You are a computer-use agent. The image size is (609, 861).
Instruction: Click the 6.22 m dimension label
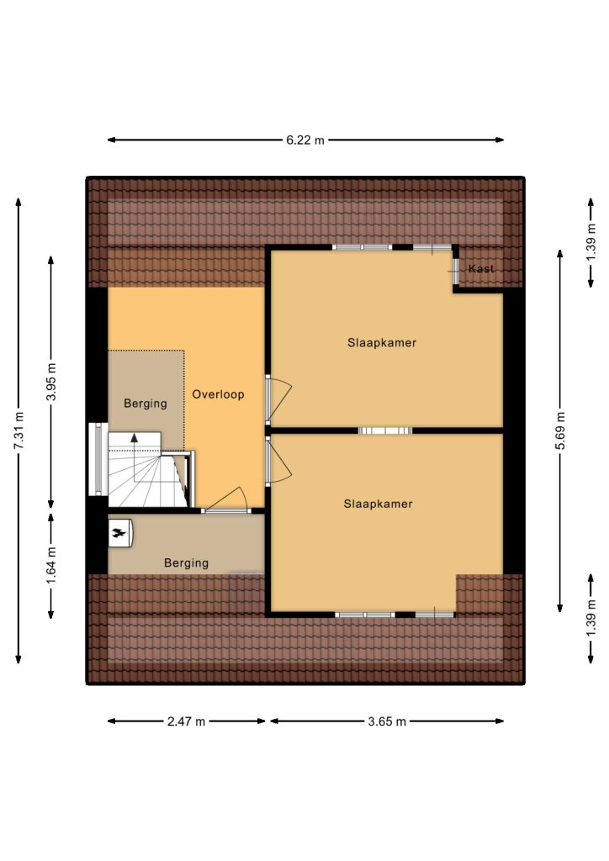click(305, 140)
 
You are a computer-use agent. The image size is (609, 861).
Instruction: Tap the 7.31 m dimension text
click(19, 430)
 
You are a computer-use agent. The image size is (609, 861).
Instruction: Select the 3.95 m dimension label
click(51, 382)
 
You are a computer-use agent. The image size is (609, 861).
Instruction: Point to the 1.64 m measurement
click(51, 567)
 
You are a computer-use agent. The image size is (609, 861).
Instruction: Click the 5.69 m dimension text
click(559, 430)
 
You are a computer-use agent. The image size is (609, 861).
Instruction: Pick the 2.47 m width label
click(186, 721)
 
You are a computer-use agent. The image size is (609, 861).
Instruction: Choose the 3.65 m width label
click(387, 721)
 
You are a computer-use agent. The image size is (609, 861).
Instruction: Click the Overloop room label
click(218, 394)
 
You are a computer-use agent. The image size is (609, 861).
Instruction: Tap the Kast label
click(481, 268)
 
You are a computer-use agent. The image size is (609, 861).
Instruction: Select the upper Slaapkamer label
click(382, 343)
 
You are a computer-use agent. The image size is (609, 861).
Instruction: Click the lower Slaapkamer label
click(378, 504)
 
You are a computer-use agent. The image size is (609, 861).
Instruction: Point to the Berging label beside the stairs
click(145, 404)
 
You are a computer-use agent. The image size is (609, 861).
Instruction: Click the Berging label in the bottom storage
click(186, 563)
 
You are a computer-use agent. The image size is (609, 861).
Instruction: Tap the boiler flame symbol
click(118, 532)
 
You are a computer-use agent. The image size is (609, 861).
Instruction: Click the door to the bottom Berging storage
click(226, 499)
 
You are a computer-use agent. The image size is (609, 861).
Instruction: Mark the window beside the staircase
click(98, 459)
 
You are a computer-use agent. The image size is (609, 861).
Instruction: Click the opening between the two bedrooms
click(385, 430)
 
